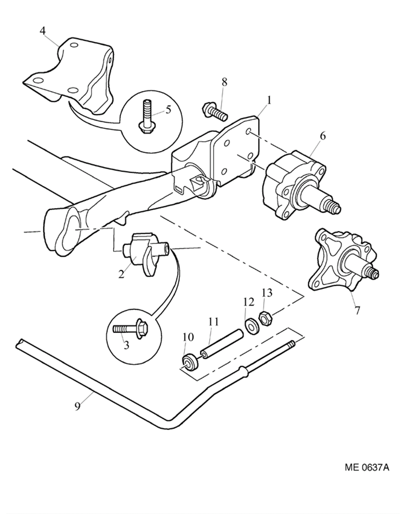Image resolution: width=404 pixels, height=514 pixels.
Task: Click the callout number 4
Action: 43,31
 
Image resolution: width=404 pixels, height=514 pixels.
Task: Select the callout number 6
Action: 323,135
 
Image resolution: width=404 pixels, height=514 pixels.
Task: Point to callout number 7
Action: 357,310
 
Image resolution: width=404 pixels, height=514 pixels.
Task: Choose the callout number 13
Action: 267,293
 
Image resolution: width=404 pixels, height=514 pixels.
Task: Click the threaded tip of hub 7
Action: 373,273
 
